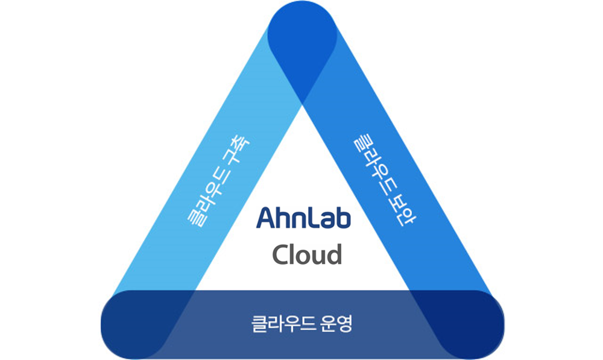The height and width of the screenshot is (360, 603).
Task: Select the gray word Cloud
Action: coord(307,254)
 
